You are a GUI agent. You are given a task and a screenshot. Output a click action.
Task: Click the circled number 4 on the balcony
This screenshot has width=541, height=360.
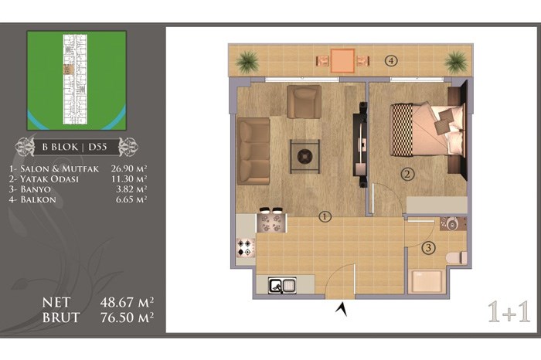(391, 61)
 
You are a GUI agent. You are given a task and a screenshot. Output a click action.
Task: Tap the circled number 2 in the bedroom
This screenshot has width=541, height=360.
(407, 174)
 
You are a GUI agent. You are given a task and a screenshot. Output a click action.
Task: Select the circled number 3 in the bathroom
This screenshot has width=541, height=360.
(428, 247)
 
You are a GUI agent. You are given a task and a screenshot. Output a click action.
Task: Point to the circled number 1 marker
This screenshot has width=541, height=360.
(325, 216)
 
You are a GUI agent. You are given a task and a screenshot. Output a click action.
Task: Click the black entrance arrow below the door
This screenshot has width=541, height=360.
(342, 308)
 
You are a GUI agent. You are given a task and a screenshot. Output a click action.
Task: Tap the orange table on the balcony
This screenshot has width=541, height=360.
(342, 61)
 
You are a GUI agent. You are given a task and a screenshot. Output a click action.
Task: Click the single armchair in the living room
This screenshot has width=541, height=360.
(304, 102)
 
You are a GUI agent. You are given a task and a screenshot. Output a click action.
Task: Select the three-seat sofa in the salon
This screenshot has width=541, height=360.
(253, 151)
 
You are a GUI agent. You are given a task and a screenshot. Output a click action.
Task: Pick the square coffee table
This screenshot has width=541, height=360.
(305, 157)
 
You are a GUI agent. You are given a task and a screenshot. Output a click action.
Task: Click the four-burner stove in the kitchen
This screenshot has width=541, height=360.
(246, 247)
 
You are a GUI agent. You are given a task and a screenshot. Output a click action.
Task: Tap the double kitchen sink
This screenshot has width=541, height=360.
(283, 285)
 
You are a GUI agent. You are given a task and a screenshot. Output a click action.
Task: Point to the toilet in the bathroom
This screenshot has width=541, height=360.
(457, 258)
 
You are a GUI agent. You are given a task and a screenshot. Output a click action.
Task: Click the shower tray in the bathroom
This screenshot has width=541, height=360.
(427, 281)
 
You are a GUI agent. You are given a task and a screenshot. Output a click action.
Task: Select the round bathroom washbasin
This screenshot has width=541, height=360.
(452, 224)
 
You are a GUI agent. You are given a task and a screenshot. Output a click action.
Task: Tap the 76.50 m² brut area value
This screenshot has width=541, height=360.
(127, 318)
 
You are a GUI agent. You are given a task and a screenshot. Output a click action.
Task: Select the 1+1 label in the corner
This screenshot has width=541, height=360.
(509, 312)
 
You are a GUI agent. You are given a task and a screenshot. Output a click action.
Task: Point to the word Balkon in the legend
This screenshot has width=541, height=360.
(39, 199)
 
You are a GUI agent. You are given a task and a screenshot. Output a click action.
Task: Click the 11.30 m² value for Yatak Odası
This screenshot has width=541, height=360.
(129, 178)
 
